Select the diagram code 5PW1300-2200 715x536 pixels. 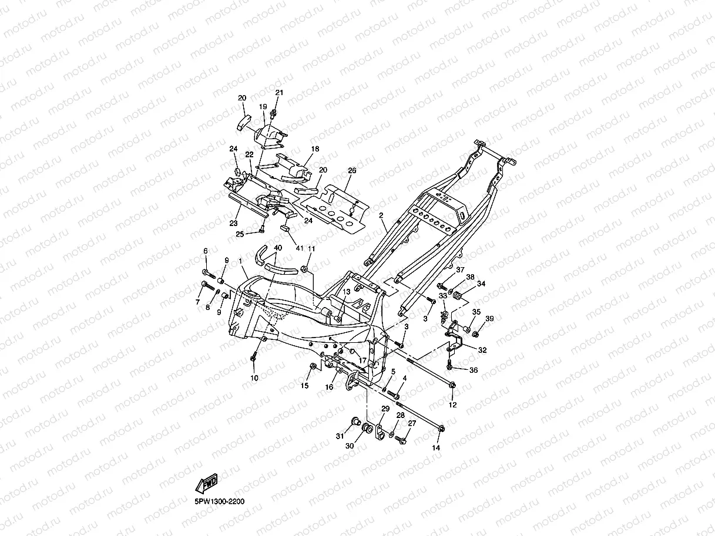pos(220,501)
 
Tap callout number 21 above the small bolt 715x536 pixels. pos(279,93)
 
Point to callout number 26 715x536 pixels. pos(352,170)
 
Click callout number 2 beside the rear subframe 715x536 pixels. pos(381,215)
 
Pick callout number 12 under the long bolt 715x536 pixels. pos(453,404)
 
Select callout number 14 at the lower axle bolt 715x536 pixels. pos(436,448)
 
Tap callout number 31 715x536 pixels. pos(340,436)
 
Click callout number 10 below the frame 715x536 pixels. pos(254,378)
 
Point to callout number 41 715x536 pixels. pos(300,248)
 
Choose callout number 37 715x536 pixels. pos(460,270)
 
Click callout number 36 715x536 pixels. pos(474,370)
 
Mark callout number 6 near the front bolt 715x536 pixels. pos(206,251)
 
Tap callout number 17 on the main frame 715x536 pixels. pos(362,360)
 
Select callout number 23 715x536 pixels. pos(234,223)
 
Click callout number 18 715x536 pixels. pos(315,149)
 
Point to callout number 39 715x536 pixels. pos(489,319)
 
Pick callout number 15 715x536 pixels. pos(304,386)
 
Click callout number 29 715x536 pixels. pos(385,409)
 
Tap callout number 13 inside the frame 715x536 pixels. pos(346,292)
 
